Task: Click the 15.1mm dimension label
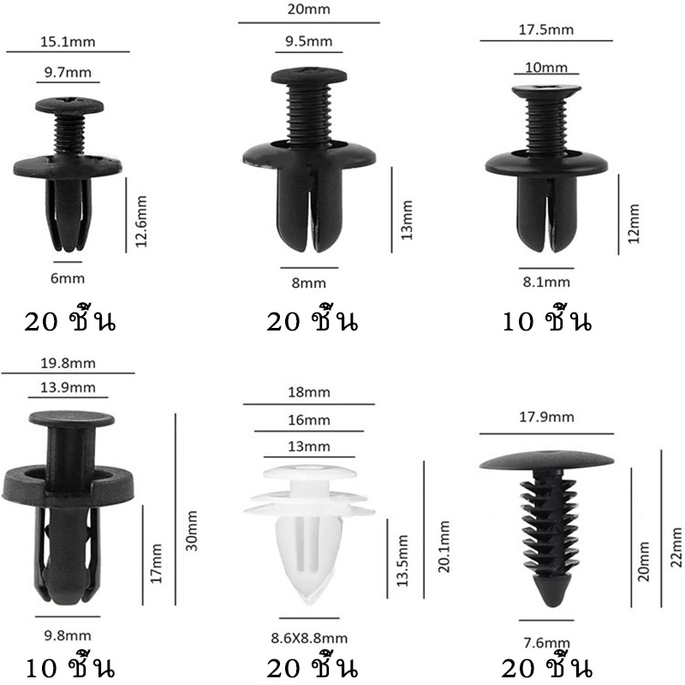68,42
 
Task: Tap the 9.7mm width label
68,72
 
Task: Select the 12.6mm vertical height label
140,222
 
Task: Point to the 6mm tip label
68,278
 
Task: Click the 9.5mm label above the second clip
309,41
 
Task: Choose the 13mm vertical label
407,220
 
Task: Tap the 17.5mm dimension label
546,30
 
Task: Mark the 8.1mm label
546,282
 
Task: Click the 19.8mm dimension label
68,363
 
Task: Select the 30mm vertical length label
192,531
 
